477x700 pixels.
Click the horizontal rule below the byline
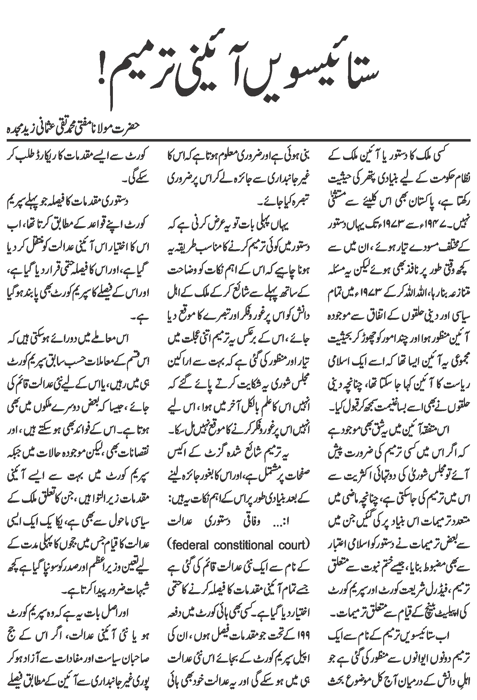238,140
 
